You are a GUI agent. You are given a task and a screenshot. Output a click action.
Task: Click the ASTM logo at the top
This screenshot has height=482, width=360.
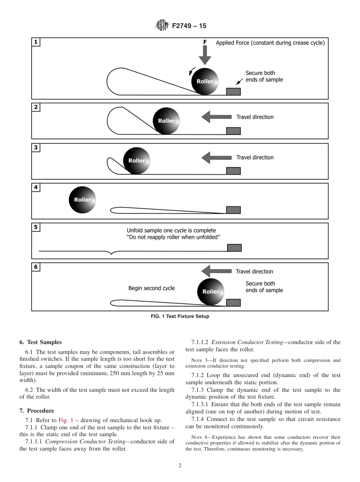(162, 26)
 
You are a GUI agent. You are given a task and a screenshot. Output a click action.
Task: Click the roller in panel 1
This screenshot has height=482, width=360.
(205, 81)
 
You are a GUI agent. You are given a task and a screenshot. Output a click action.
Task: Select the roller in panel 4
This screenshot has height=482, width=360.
(82, 200)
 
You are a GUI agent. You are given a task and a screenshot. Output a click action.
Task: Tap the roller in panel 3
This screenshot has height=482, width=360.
(136, 161)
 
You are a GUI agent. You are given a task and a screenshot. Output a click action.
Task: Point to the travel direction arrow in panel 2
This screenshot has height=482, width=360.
(216, 117)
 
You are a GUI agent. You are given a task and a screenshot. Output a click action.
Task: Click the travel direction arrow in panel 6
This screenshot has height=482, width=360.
(216, 271)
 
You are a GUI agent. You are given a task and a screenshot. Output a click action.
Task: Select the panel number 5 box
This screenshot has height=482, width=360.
(36, 227)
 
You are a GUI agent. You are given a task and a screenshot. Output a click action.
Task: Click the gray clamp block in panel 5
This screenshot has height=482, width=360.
(234, 248)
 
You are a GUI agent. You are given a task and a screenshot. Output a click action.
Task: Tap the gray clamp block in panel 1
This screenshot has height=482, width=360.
(233, 91)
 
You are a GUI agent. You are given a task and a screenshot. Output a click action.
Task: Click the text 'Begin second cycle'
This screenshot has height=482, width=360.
(152, 288)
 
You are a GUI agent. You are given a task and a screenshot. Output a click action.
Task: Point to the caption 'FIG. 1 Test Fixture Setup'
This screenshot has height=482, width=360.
(180, 316)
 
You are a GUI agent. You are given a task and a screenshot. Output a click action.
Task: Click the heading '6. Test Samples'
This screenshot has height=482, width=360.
(40, 342)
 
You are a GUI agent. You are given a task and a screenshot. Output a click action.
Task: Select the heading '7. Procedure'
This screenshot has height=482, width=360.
(37, 411)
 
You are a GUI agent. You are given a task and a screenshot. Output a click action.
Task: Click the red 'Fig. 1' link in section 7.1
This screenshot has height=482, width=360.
(66, 420)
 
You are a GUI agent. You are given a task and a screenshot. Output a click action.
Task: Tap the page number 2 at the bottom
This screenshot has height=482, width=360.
(180, 466)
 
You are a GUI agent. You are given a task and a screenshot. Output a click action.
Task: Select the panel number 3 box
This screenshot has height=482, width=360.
(36, 148)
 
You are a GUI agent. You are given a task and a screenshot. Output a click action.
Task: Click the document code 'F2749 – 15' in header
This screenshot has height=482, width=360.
(189, 26)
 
